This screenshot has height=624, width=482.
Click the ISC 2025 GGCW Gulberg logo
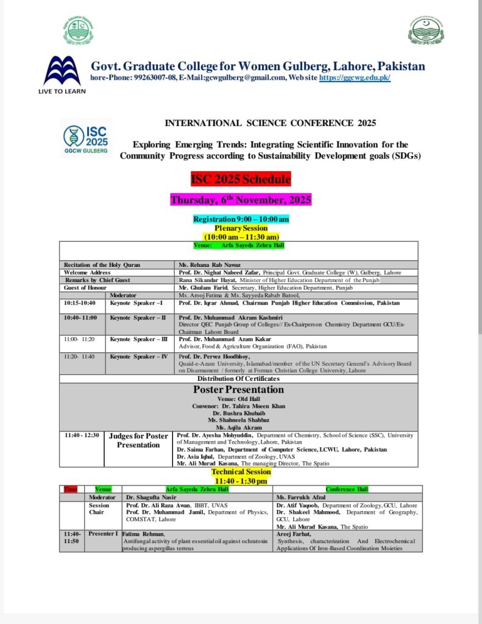point(86,138)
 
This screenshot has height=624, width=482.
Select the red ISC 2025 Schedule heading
point(241,179)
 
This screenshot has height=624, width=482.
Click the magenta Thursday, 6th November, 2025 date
point(241,200)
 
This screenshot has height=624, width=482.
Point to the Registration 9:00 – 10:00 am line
point(241,219)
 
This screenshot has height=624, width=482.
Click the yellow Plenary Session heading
point(241,228)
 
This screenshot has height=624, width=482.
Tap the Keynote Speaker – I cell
point(140,303)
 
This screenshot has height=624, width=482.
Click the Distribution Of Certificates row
point(238,378)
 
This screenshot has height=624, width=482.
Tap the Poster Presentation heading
point(238,389)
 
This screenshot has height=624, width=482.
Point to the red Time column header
point(70,489)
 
